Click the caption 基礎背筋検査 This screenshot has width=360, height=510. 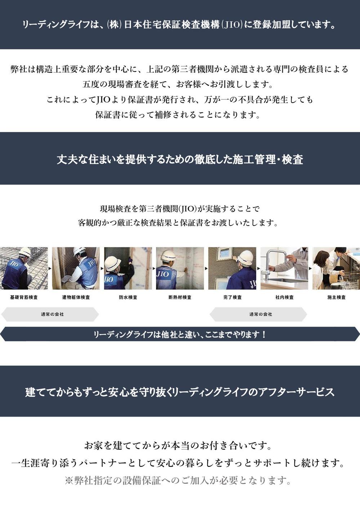coord(24,297)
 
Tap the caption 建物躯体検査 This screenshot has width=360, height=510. coord(76,297)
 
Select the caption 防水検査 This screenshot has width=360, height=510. coord(128,297)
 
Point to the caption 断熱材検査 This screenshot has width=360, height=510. coord(180,297)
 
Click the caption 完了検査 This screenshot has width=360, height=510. coord(232,297)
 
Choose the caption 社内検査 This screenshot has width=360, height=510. coord(284,297)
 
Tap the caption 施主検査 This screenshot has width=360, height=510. coord(336,297)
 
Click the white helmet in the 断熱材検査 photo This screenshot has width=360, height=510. coord(169,256)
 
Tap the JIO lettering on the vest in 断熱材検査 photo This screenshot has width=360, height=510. coord(163,274)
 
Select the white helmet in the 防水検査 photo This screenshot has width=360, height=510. coord(112,263)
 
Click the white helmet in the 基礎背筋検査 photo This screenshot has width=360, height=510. coord(25,252)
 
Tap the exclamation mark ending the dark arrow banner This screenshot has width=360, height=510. coord(264,334)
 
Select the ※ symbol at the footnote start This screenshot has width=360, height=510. coord(69,481)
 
